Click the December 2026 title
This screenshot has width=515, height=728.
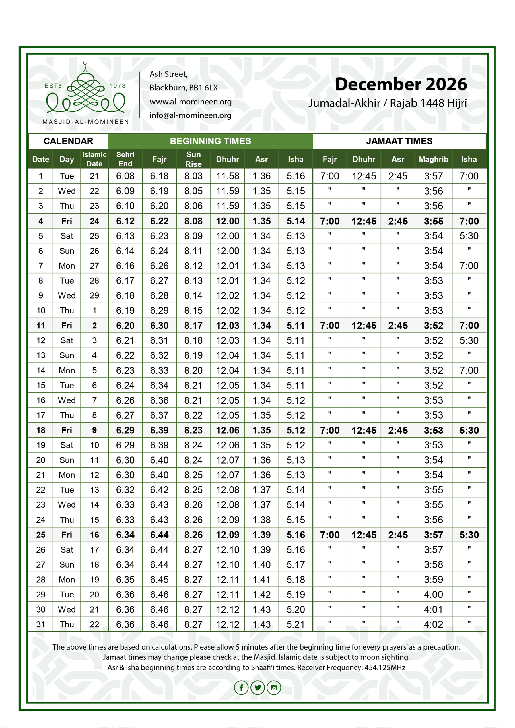pos(401,84)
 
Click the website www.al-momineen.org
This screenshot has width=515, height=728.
pos(190,102)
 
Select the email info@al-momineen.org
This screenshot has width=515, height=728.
pos(190,115)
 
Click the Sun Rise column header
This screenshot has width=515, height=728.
pos(193,159)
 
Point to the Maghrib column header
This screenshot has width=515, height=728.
pos(433,159)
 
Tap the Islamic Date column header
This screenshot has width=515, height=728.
pos(94,159)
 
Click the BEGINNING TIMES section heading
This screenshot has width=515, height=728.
pos(210,141)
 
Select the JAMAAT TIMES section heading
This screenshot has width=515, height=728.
pos(399,141)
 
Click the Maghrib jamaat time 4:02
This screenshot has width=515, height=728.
pos(433,624)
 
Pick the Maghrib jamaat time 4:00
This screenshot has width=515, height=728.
pos(433,595)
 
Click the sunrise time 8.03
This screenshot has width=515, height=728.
pos(193,176)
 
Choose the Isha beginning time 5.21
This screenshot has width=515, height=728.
pos(295,624)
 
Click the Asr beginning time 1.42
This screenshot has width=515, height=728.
pos(261,595)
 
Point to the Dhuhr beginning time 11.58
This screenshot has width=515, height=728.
pos(228,176)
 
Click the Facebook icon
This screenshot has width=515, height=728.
pos(241,687)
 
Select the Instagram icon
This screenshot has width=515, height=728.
pos(274,687)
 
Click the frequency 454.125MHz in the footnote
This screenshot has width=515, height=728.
pos(385,667)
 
